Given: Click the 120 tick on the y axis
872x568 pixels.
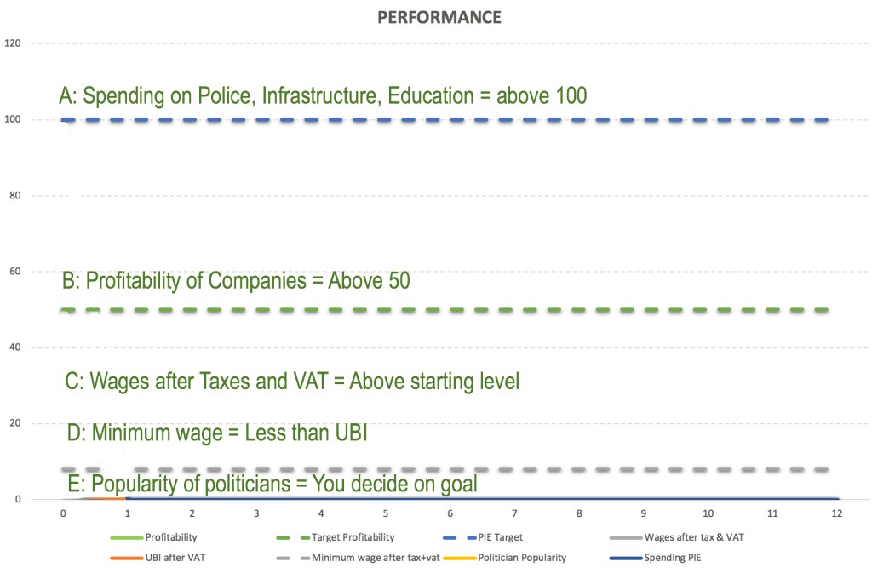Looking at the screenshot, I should (x=14, y=43).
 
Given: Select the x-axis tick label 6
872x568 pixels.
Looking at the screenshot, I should (x=450, y=515).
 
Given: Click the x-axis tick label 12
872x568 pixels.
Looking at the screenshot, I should (x=837, y=515).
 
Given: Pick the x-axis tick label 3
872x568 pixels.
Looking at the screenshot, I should (x=256, y=515).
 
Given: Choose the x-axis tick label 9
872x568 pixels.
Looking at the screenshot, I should (x=644, y=515).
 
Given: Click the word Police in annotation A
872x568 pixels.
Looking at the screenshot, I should (x=227, y=95).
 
